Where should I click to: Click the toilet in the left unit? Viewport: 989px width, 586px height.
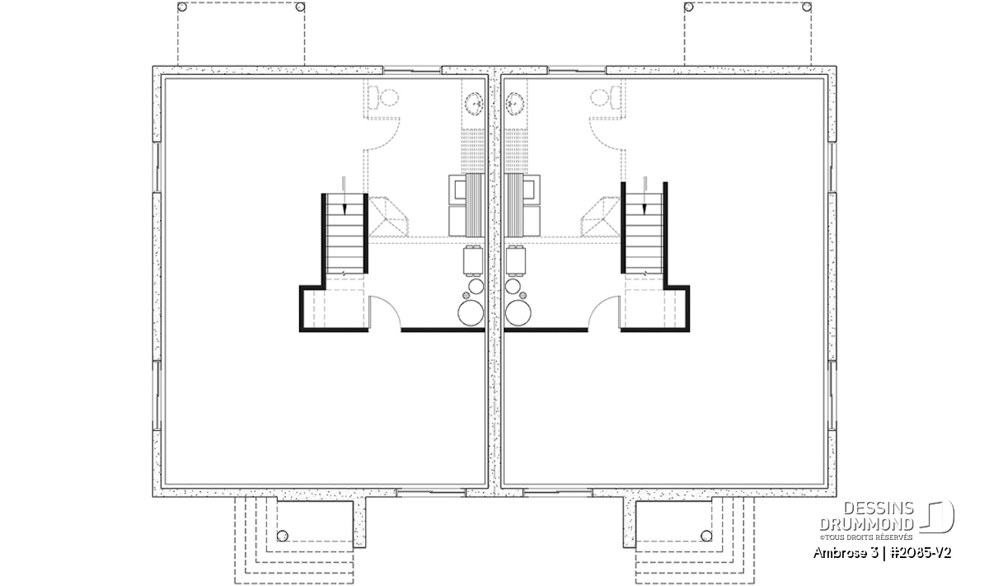pyautogui.click(x=384, y=97)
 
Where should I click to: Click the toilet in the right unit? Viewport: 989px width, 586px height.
pyautogui.click(x=605, y=97)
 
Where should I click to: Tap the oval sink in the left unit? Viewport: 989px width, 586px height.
pyautogui.click(x=475, y=103)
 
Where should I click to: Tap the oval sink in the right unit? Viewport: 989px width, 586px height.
pyautogui.click(x=515, y=103)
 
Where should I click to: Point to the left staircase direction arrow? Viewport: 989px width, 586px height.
pyautogui.click(x=345, y=195)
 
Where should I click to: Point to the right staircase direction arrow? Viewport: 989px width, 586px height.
pyautogui.click(x=644, y=195)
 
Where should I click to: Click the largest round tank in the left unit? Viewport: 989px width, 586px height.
pyautogui.click(x=471, y=312)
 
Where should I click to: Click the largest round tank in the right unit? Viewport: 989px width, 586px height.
pyautogui.click(x=518, y=312)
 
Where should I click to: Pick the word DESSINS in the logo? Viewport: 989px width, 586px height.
pyautogui.click(x=879, y=509)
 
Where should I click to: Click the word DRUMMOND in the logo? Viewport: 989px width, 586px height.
pyautogui.click(x=867, y=524)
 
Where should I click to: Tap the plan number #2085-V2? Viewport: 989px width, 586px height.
pyautogui.click(x=919, y=553)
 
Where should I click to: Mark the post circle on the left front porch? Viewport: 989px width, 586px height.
pyautogui.click(x=282, y=536)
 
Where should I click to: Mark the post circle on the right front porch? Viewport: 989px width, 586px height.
pyautogui.click(x=706, y=536)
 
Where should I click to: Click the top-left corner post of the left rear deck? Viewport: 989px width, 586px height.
pyautogui.click(x=182, y=7)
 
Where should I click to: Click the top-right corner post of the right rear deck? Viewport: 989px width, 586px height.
pyautogui.click(x=806, y=7)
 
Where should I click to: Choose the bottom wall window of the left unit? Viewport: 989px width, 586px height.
pyautogui.click(x=430, y=492)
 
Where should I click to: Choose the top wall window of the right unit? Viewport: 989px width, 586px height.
pyautogui.click(x=577, y=70)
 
